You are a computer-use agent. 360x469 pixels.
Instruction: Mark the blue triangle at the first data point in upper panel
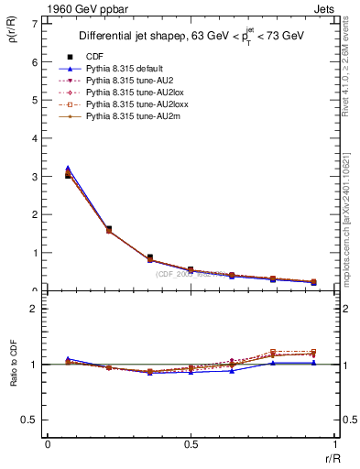tap(69, 169)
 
